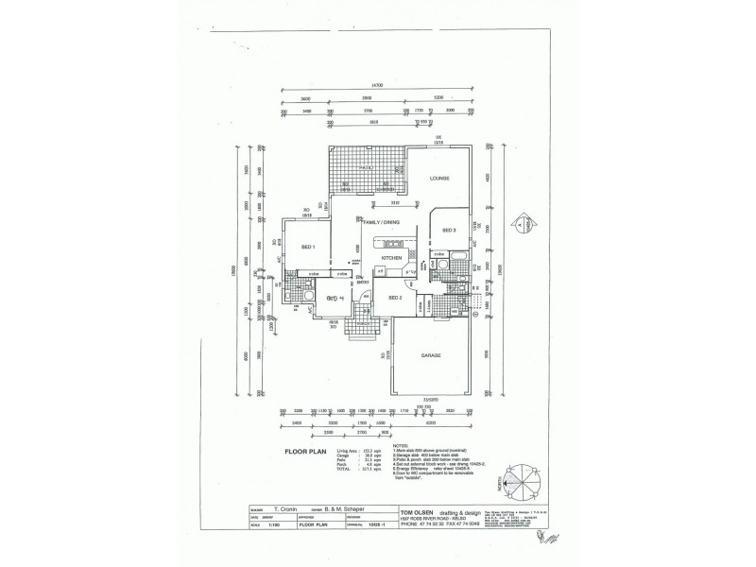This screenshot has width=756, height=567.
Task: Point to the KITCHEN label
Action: tap(392, 257)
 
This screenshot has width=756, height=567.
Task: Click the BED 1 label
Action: tap(308, 247)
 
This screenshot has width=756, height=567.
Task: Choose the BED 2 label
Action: tap(396, 298)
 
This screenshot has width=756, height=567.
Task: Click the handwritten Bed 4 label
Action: tap(333, 298)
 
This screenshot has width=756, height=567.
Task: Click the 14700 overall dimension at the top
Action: tap(378, 86)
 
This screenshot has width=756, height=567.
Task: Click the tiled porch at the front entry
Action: tap(362, 330)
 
